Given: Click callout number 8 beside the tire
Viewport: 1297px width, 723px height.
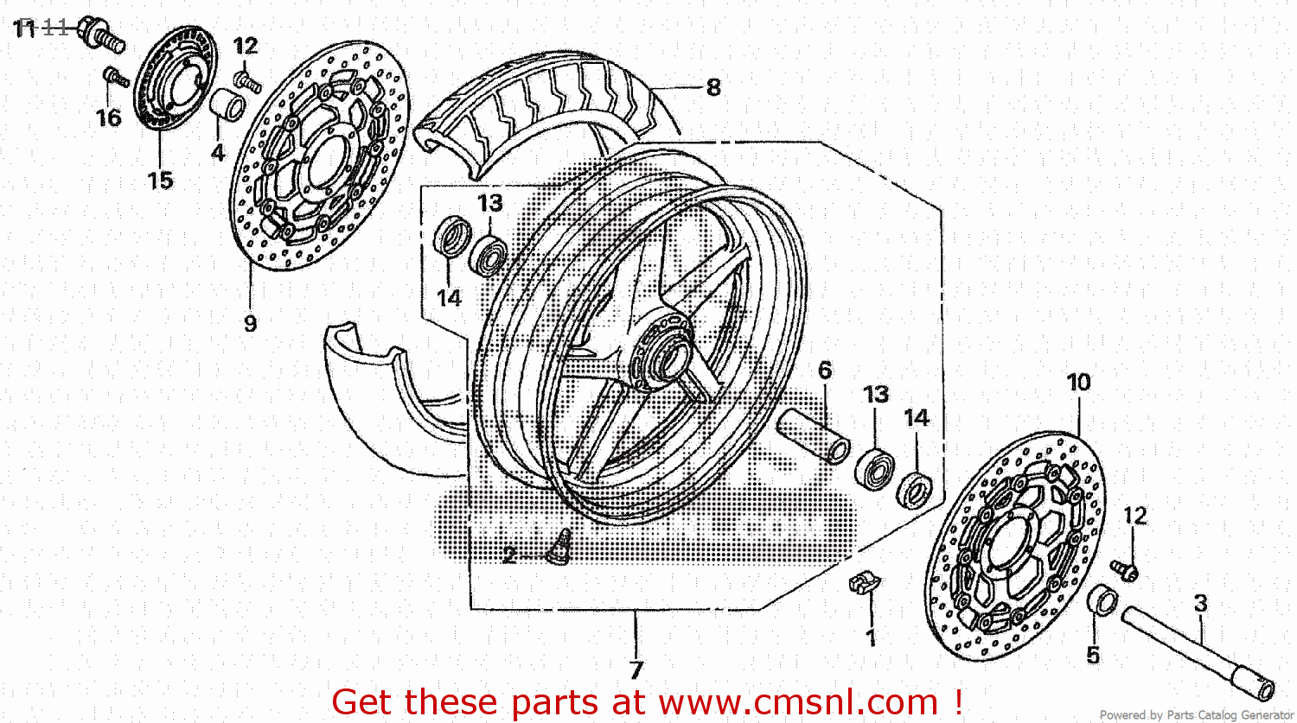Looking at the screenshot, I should coord(712,87).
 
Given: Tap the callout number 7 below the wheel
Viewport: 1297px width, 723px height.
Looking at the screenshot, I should coord(636,669).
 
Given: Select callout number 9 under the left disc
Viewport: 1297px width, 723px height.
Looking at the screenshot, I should coord(250,323).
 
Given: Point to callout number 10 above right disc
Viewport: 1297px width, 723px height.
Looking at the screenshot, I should coord(1078,382).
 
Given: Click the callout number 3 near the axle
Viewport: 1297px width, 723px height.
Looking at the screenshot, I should coord(1200,603).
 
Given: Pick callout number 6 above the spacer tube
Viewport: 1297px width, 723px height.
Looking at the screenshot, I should coord(824,370).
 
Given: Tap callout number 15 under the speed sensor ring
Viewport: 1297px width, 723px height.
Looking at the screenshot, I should coord(160,180).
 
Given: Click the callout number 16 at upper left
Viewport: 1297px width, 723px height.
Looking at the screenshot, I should coord(108,117).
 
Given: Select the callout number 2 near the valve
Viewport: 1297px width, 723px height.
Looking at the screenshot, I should coord(510,555).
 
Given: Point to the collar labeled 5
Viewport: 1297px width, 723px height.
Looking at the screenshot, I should coord(1102,599).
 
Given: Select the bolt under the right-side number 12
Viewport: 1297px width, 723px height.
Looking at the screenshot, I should coord(1125,569).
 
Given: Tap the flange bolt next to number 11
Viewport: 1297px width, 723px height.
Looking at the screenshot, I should coord(101,35).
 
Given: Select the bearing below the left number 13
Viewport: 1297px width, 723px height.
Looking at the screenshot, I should coord(489,255).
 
